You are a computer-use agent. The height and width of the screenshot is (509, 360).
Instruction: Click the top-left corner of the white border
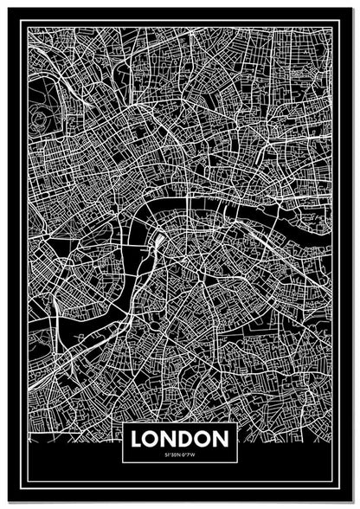pos(27,27)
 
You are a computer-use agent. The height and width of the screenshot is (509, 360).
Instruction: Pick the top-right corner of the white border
pos(332,27)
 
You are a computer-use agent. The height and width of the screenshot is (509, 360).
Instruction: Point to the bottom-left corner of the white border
pos(27,481)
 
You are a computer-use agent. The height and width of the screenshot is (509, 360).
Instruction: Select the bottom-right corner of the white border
pos(332,481)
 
